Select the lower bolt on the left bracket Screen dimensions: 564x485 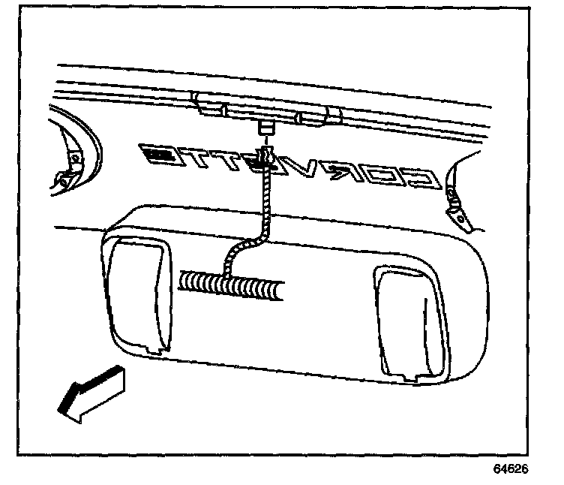tap(63, 180)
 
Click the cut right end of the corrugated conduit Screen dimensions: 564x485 tap(280, 293)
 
